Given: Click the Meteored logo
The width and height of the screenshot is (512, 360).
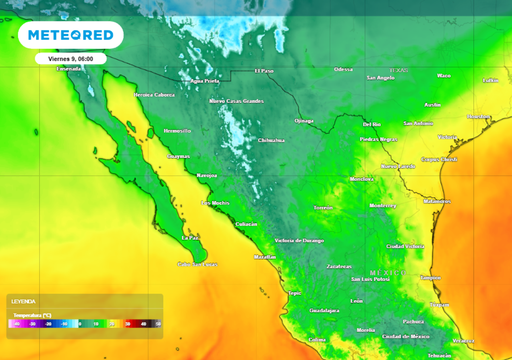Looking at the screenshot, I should (70, 36).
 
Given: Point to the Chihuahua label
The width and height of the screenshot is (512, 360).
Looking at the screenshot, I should (271, 140).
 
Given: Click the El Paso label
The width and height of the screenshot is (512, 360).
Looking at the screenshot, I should (264, 70).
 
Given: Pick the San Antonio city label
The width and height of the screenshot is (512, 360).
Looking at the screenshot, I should (418, 123).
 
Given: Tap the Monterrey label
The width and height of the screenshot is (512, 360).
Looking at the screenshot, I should (384, 205).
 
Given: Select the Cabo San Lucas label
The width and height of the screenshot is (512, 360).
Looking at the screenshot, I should (194, 264).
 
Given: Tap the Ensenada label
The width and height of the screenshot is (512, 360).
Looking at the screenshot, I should (69, 69).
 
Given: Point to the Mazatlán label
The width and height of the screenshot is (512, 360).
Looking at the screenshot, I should (265, 257).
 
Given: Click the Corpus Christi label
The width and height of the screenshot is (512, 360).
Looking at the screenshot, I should (438, 158).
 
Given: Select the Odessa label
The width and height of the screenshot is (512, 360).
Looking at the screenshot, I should (343, 69).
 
